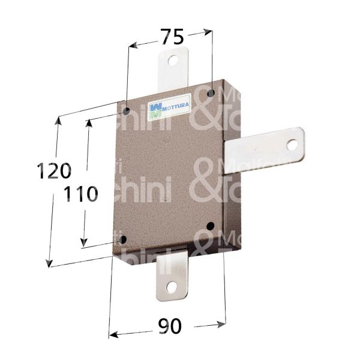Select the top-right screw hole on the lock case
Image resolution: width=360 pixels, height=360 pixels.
pos(211,94)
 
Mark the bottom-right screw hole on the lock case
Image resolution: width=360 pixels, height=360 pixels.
pos(209,226)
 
